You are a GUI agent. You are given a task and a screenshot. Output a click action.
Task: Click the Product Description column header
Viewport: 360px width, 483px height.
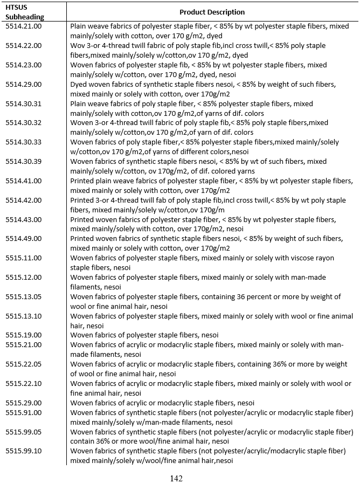pyautogui.click(x=212, y=12)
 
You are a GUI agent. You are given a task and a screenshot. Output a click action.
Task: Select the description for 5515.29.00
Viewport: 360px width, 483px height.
pyautogui.click(x=162, y=403)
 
